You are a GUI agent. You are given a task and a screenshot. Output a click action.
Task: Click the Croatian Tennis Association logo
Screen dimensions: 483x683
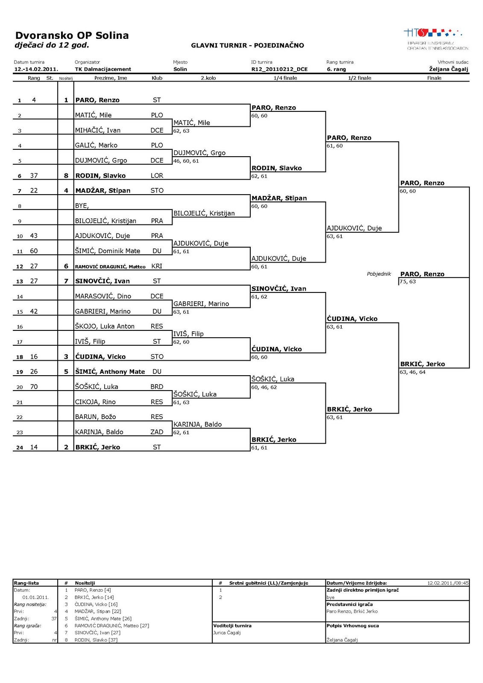[437, 39]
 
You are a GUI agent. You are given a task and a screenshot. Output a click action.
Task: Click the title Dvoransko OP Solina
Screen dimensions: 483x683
[72, 35]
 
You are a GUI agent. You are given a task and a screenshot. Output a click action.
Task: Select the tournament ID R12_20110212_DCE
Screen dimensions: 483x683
[279, 69]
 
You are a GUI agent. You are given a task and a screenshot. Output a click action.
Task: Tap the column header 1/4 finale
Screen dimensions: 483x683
[285, 78]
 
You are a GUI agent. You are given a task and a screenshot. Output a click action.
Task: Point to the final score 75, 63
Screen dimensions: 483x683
[407, 282]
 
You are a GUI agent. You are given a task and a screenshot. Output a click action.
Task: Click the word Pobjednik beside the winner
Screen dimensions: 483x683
[379, 274]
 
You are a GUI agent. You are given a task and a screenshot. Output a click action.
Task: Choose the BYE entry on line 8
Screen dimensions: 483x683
[82, 206]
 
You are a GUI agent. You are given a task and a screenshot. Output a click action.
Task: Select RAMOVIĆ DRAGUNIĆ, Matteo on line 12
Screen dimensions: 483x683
[110, 266]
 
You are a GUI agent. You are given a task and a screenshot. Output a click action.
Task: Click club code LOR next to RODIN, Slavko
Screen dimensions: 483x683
[157, 175]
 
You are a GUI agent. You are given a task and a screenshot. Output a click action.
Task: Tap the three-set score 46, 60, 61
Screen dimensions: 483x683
[186, 161]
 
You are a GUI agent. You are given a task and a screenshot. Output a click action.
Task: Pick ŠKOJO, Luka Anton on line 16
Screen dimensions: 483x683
[105, 327]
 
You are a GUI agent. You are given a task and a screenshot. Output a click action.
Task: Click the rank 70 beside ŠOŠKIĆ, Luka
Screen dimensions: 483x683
[34, 387]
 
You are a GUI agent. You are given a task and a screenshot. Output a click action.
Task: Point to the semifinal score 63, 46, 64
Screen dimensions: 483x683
[413, 372]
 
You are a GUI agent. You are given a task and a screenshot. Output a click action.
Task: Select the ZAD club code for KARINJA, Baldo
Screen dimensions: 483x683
[157, 432]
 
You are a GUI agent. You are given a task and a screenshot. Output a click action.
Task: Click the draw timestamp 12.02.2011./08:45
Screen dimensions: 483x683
[448, 583]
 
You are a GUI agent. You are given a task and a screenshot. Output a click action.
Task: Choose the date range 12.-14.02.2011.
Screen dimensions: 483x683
[36, 69]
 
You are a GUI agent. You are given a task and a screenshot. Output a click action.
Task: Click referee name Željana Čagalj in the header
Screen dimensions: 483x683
[448, 69]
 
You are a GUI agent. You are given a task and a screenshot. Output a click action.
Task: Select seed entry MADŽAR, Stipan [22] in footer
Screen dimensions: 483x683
[98, 611]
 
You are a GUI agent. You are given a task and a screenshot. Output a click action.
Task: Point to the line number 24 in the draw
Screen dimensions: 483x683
[20, 448]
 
